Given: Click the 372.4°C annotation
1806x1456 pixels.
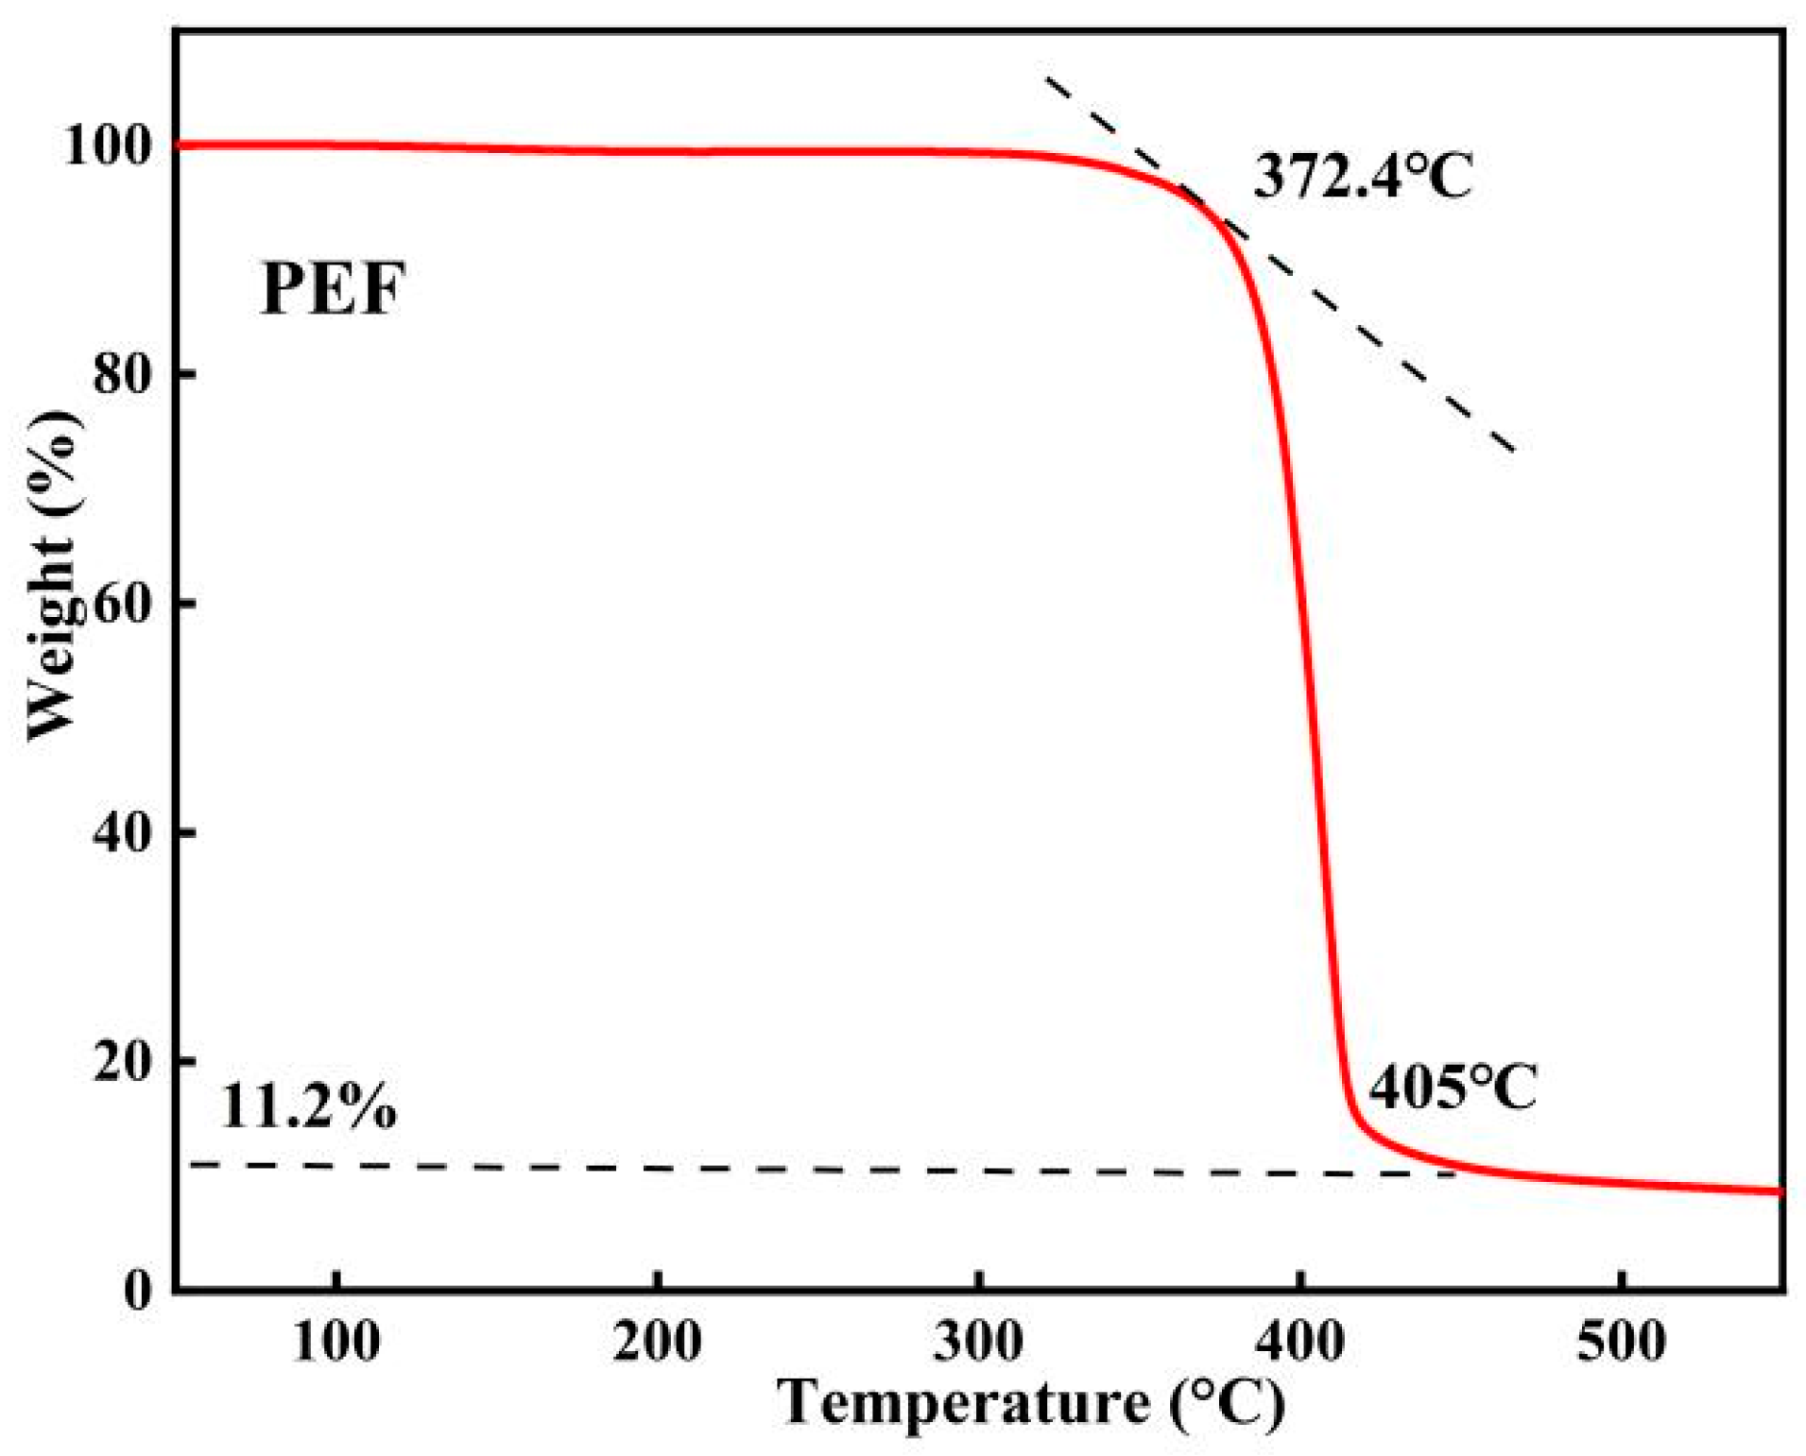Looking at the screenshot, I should tap(1362, 176).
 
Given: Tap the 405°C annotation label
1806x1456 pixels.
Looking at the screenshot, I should tap(1452, 1087).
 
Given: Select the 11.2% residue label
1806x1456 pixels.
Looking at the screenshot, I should tap(308, 1105).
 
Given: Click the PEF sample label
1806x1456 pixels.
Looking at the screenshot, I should tap(332, 288).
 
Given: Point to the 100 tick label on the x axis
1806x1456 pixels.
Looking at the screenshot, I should tap(336, 1342).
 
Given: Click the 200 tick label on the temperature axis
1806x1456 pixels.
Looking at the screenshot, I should tap(658, 1342).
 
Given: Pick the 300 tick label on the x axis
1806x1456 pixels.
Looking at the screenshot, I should tap(979, 1342).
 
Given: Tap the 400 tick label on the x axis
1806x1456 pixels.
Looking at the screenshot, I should tap(1300, 1342).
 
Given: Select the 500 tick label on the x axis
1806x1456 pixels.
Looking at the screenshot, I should tap(1622, 1342).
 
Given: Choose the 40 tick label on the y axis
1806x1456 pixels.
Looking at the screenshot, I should tap(123, 832).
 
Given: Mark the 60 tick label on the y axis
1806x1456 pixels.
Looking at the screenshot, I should tap(123, 603).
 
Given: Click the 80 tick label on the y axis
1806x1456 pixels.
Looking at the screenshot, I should tap(123, 374).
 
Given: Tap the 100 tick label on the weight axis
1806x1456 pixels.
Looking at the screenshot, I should tap(109, 146).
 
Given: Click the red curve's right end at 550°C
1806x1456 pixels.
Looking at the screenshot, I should tap(1779, 1191).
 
